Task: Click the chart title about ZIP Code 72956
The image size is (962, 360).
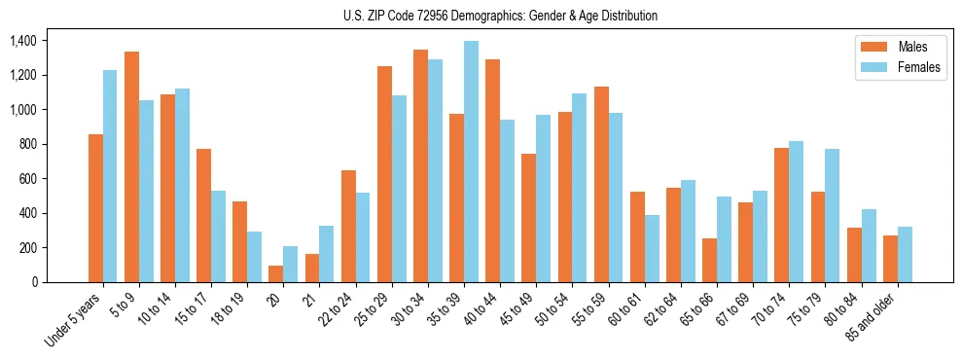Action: pyautogui.click(x=500, y=16)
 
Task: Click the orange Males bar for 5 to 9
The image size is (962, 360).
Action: pyautogui.click(x=131, y=166)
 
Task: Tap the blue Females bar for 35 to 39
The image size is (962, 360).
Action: pyautogui.click(x=471, y=162)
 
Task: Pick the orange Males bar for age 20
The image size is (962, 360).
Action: pyautogui.click(x=276, y=273)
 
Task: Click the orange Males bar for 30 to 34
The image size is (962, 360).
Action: pyautogui.click(x=420, y=165)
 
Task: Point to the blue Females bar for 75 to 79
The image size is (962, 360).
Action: pyautogui.click(x=832, y=215)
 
